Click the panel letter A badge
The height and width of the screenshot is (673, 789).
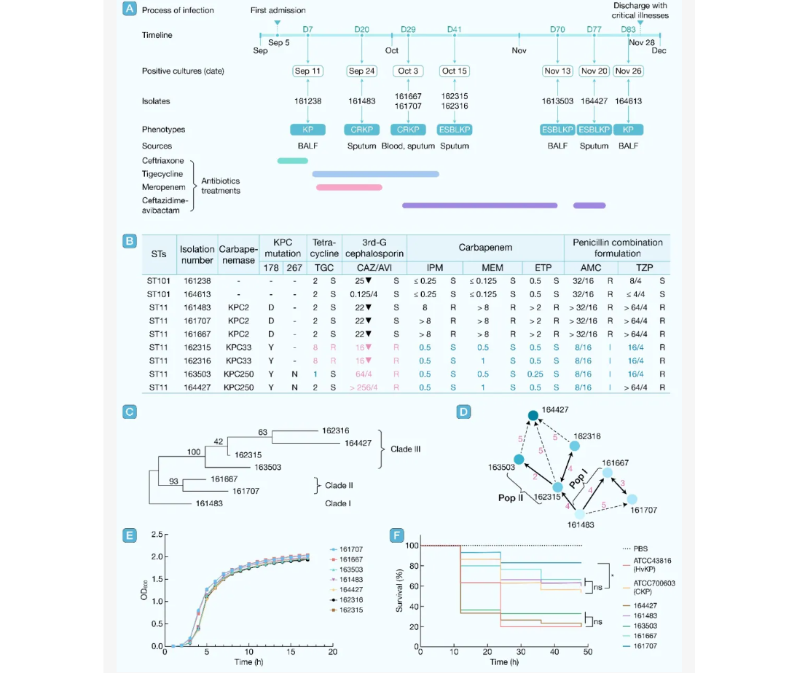click(129, 9)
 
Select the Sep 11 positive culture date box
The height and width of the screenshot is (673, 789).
click(307, 71)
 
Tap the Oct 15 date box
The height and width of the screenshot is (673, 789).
click(455, 71)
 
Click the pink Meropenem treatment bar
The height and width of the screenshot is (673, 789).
click(349, 187)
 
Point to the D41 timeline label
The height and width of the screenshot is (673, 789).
click(455, 29)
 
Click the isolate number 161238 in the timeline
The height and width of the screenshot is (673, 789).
click(307, 102)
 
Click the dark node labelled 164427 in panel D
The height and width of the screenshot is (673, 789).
click(533, 415)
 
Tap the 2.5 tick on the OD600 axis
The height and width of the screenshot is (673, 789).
click(156, 535)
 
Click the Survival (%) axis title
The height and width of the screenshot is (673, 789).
click(399, 594)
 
